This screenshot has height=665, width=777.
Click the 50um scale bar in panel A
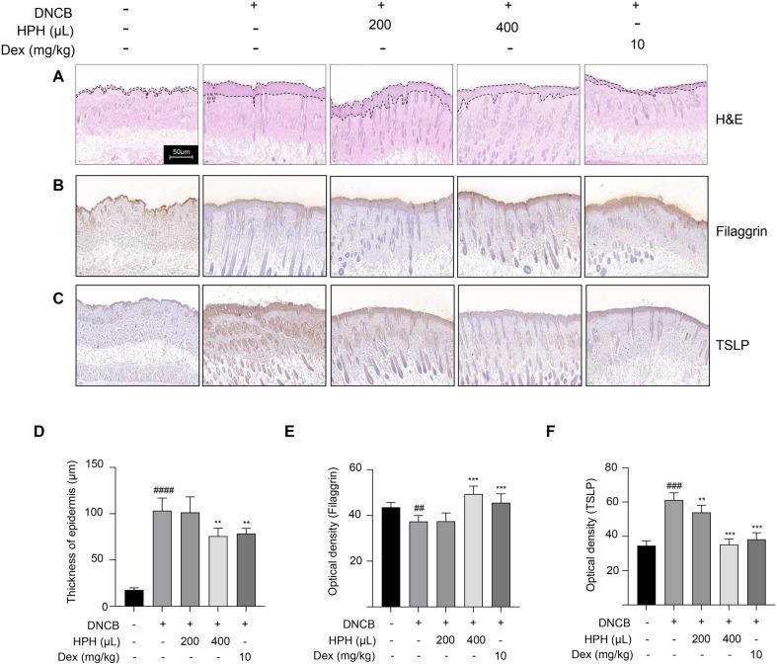[x=181, y=152]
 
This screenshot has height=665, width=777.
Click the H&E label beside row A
[x=733, y=118]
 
